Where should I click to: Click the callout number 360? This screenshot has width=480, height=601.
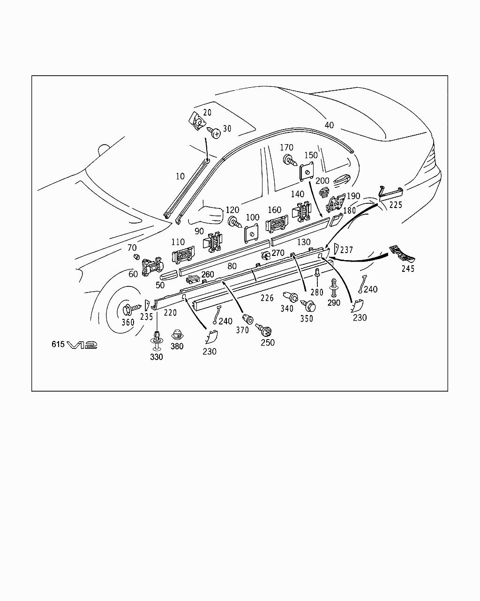pyautogui.click(x=128, y=323)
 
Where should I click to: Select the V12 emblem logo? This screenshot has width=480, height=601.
pyautogui.click(x=82, y=345)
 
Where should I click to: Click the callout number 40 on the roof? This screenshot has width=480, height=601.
pyautogui.click(x=329, y=125)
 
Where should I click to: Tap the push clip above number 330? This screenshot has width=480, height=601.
pyautogui.click(x=157, y=339)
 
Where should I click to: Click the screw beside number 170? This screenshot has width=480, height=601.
pyautogui.click(x=290, y=161)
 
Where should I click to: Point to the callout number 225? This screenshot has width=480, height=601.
pyautogui.click(x=396, y=205)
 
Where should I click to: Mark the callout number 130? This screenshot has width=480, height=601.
pyautogui.click(x=304, y=242)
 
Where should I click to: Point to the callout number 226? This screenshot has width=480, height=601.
pyautogui.click(x=267, y=297)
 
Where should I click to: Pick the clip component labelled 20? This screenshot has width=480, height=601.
pyautogui.click(x=197, y=121)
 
